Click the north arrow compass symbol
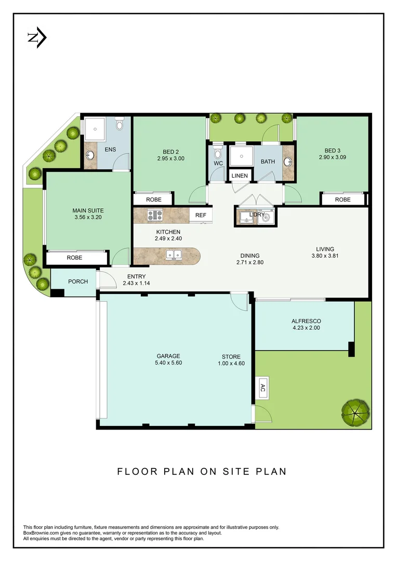click(37, 38)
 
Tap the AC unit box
click(262, 387)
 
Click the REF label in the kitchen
click(201, 215)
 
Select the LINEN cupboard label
click(240, 176)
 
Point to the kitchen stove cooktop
click(155, 215)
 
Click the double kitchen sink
click(173, 255)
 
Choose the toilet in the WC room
click(217, 153)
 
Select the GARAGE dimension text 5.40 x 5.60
click(168, 363)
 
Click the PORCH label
click(78, 282)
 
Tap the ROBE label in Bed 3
click(342, 199)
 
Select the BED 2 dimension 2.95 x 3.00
click(170, 159)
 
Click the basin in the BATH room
click(288, 161)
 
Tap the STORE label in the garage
click(231, 356)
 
